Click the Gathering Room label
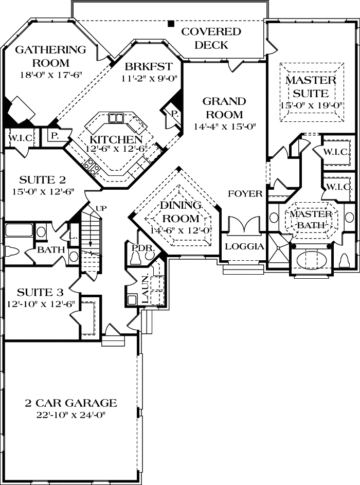click(50, 57)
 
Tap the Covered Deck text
click(211, 39)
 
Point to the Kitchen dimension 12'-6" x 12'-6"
click(116, 149)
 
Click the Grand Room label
click(224, 107)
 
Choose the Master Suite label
click(311, 87)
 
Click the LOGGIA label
click(245, 246)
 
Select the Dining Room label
click(180, 211)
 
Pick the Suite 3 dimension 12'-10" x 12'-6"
click(41, 303)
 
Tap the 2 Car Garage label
click(71, 403)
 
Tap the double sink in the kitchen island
click(116, 118)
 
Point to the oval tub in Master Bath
click(310, 260)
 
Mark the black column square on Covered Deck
click(170, 23)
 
